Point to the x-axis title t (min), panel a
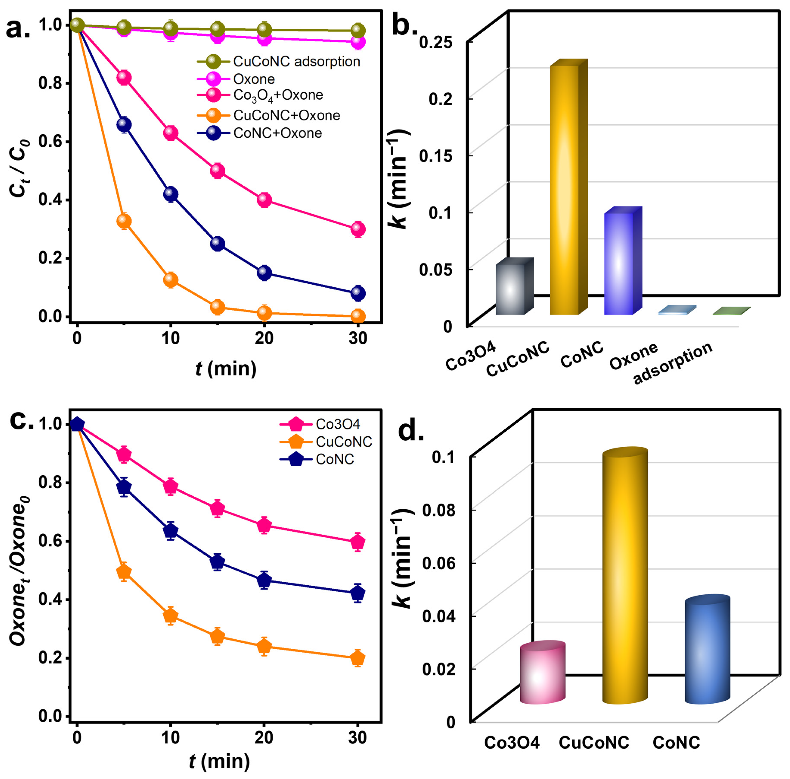pos(226,369)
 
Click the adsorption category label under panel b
pos(673,363)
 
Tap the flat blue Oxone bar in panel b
pos(677,310)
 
